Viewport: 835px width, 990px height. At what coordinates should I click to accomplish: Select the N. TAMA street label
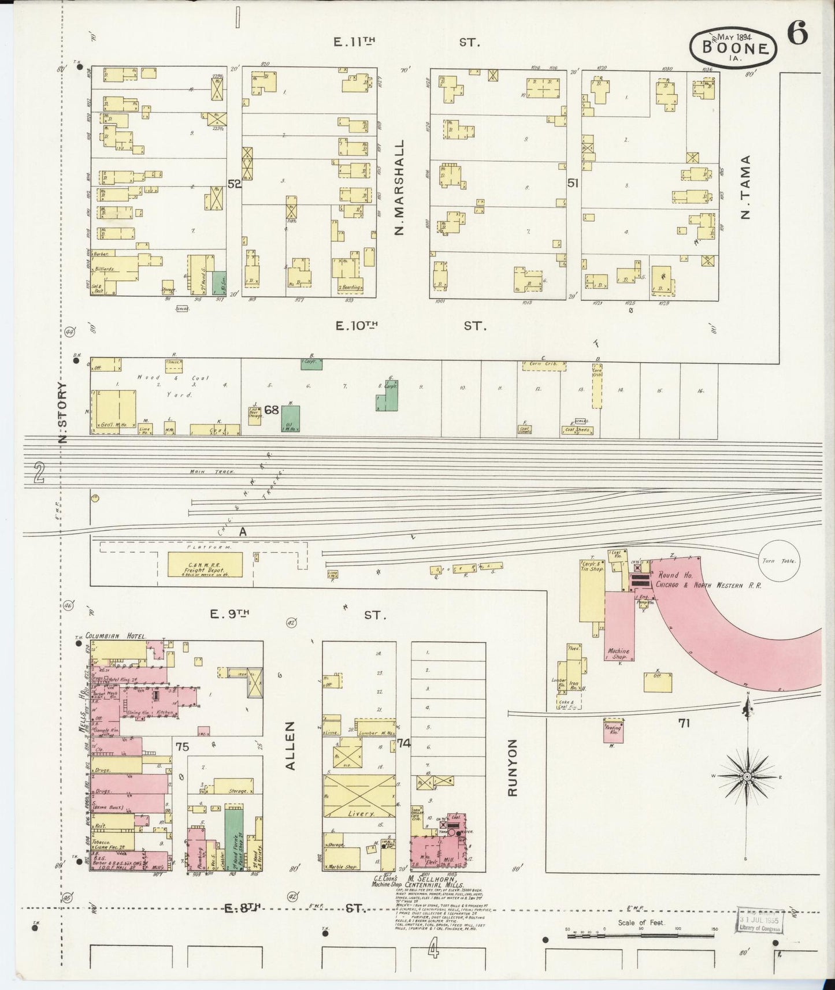click(x=745, y=188)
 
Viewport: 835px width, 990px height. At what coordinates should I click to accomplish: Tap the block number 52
click(x=234, y=184)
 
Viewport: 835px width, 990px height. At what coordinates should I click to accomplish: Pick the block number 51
click(x=573, y=184)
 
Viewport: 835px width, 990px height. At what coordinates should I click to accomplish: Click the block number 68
click(x=272, y=410)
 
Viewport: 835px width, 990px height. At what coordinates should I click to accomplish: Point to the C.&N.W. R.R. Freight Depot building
click(x=205, y=564)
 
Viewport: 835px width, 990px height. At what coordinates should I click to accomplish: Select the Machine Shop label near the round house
click(x=618, y=654)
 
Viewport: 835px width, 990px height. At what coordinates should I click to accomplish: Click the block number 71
click(x=684, y=723)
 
